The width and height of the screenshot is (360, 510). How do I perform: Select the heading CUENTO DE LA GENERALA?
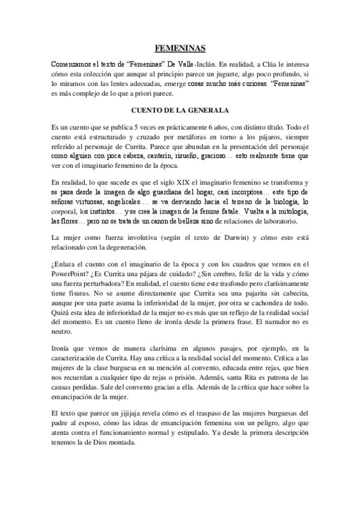180,111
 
